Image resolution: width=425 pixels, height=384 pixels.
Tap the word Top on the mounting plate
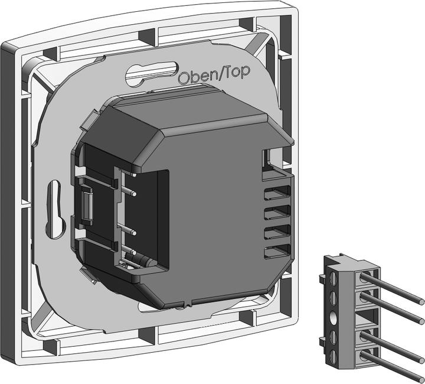[x=238, y=72]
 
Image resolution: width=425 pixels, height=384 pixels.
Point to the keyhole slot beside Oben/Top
[x=152, y=74]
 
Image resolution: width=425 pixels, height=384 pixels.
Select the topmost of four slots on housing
[x=277, y=193]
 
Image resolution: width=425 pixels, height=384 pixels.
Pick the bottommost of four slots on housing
[x=277, y=251]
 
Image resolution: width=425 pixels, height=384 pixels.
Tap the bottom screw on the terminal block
[x=333, y=356]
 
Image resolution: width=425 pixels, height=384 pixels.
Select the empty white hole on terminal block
[x=333, y=317]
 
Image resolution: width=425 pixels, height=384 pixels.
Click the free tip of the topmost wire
[x=421, y=301]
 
